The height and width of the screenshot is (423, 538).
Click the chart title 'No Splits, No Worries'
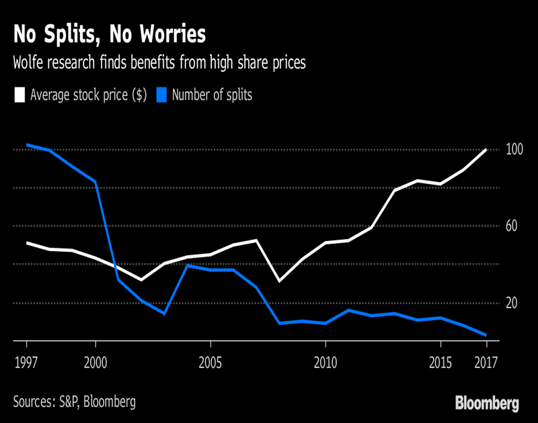pos(110,34)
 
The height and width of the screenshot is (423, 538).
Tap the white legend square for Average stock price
pos(20,95)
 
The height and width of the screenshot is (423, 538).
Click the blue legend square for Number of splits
pos(161,95)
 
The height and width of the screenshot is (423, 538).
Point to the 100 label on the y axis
pos(514,150)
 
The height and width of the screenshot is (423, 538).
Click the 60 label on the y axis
pos(512,226)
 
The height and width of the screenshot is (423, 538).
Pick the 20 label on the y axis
pos(512,303)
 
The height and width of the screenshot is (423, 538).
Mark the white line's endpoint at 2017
pos(486,150)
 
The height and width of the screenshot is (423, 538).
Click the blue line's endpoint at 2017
pos(486,335)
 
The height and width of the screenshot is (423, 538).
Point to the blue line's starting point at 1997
pos(26,144)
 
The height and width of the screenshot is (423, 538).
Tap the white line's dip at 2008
pos(279,281)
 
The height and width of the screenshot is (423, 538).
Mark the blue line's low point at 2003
pos(164,314)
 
